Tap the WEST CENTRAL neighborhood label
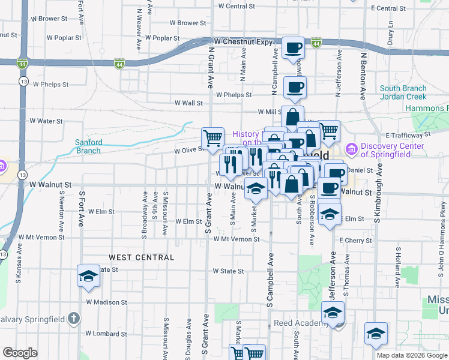click(142, 257)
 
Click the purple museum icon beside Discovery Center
click(351, 148)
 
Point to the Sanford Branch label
click(88, 146)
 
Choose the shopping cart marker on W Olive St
click(212, 137)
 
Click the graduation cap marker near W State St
click(88, 276)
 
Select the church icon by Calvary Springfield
click(73, 317)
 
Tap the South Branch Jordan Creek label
click(403, 92)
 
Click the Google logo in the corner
click(20, 353)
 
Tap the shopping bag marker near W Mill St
click(292, 116)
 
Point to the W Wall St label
click(188, 103)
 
